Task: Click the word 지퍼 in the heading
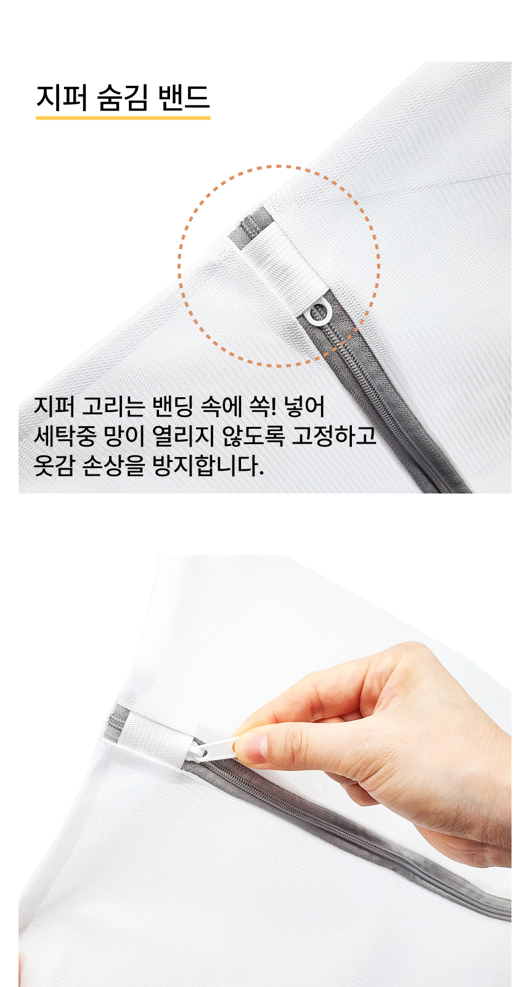[x=62, y=97]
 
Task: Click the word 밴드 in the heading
[x=183, y=97]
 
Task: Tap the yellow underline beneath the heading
[x=123, y=118]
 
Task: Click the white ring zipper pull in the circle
[x=317, y=315]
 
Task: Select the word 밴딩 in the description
[x=173, y=407]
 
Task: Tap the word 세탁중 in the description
[x=65, y=436]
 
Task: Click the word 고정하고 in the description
[x=334, y=436]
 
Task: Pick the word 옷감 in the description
[x=54, y=466]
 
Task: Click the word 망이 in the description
[x=124, y=436]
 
